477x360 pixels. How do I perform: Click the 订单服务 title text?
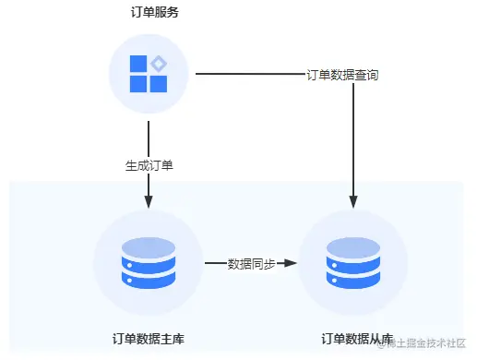[149, 13]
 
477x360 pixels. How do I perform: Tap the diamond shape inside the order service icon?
[159, 64]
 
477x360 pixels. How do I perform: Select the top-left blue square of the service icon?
[137, 64]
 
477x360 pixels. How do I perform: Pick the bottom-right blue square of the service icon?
[159, 84]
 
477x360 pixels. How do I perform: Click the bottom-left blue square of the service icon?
[137, 84]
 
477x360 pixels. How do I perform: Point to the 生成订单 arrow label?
[149, 166]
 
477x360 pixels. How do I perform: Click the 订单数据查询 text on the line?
[341, 75]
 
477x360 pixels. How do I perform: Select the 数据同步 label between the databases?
[251, 264]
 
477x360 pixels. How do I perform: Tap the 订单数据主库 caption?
[148, 339]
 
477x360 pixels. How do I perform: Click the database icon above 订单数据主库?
[149, 263]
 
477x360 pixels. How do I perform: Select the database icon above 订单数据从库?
[354, 263]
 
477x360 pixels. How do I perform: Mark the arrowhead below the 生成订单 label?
[149, 202]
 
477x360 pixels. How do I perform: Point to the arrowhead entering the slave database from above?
[354, 198]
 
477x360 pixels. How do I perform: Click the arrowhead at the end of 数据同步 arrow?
[292, 264]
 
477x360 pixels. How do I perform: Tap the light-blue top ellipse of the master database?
[149, 246]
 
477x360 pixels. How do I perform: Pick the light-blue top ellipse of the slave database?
[354, 246]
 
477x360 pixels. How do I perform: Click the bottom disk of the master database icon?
[149, 280]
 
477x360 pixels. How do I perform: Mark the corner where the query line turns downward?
[354, 75]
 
